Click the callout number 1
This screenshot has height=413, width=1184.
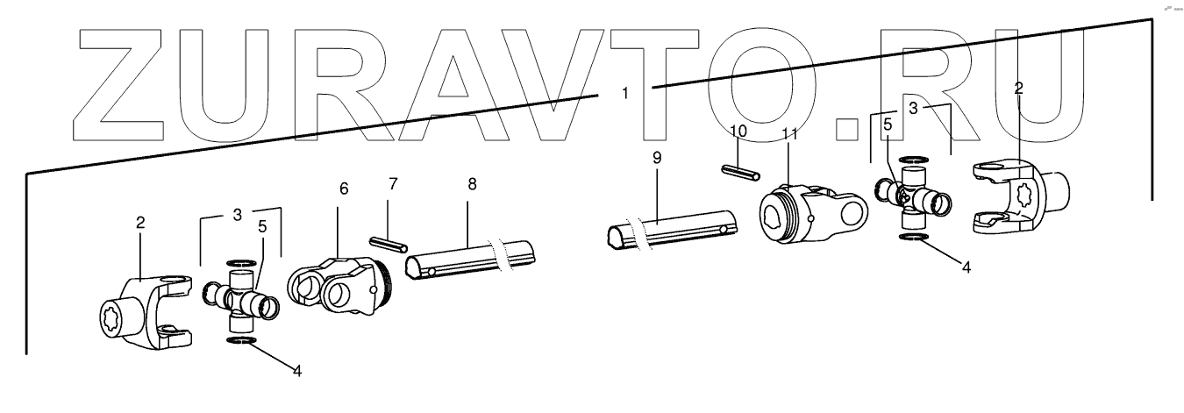(625, 92)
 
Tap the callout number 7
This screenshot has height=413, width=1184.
(393, 184)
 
